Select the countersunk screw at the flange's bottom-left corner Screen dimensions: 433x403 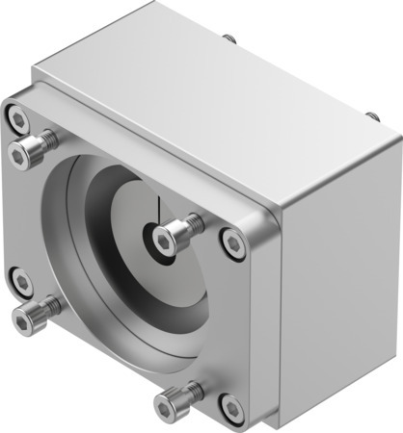[x=21, y=281]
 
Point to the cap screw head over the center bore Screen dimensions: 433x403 [x=171, y=236]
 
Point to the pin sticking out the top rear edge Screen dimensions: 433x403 [x=229, y=39]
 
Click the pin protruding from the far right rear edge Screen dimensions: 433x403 [x=372, y=115]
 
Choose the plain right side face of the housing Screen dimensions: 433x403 [x=337, y=279]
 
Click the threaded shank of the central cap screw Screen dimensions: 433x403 [x=194, y=224]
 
